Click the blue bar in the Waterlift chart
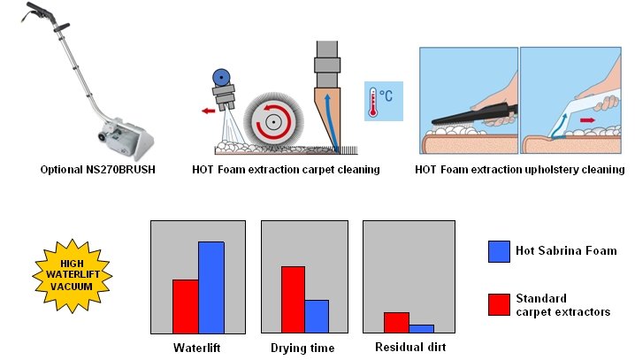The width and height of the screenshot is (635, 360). (211, 287)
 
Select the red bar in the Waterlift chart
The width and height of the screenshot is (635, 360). (186, 307)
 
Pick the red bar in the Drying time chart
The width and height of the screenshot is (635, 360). (293, 300)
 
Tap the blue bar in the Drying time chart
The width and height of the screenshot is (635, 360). (317, 317)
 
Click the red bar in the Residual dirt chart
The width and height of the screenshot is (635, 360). (396, 322)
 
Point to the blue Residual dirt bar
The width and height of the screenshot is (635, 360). (421, 328)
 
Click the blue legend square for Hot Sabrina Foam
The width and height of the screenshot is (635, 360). (499, 251)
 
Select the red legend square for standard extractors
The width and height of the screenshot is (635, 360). (499, 304)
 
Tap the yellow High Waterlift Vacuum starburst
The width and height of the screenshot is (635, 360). (73, 275)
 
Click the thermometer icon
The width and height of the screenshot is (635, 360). (373, 103)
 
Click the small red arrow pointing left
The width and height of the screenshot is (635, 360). (209, 111)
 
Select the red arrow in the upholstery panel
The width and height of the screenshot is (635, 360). (587, 120)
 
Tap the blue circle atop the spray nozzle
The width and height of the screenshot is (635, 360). (221, 77)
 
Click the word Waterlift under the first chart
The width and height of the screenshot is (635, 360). (197, 348)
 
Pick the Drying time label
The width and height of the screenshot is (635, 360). (302, 348)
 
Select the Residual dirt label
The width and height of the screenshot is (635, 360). (410, 347)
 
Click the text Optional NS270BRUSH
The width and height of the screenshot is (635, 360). (97, 169)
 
